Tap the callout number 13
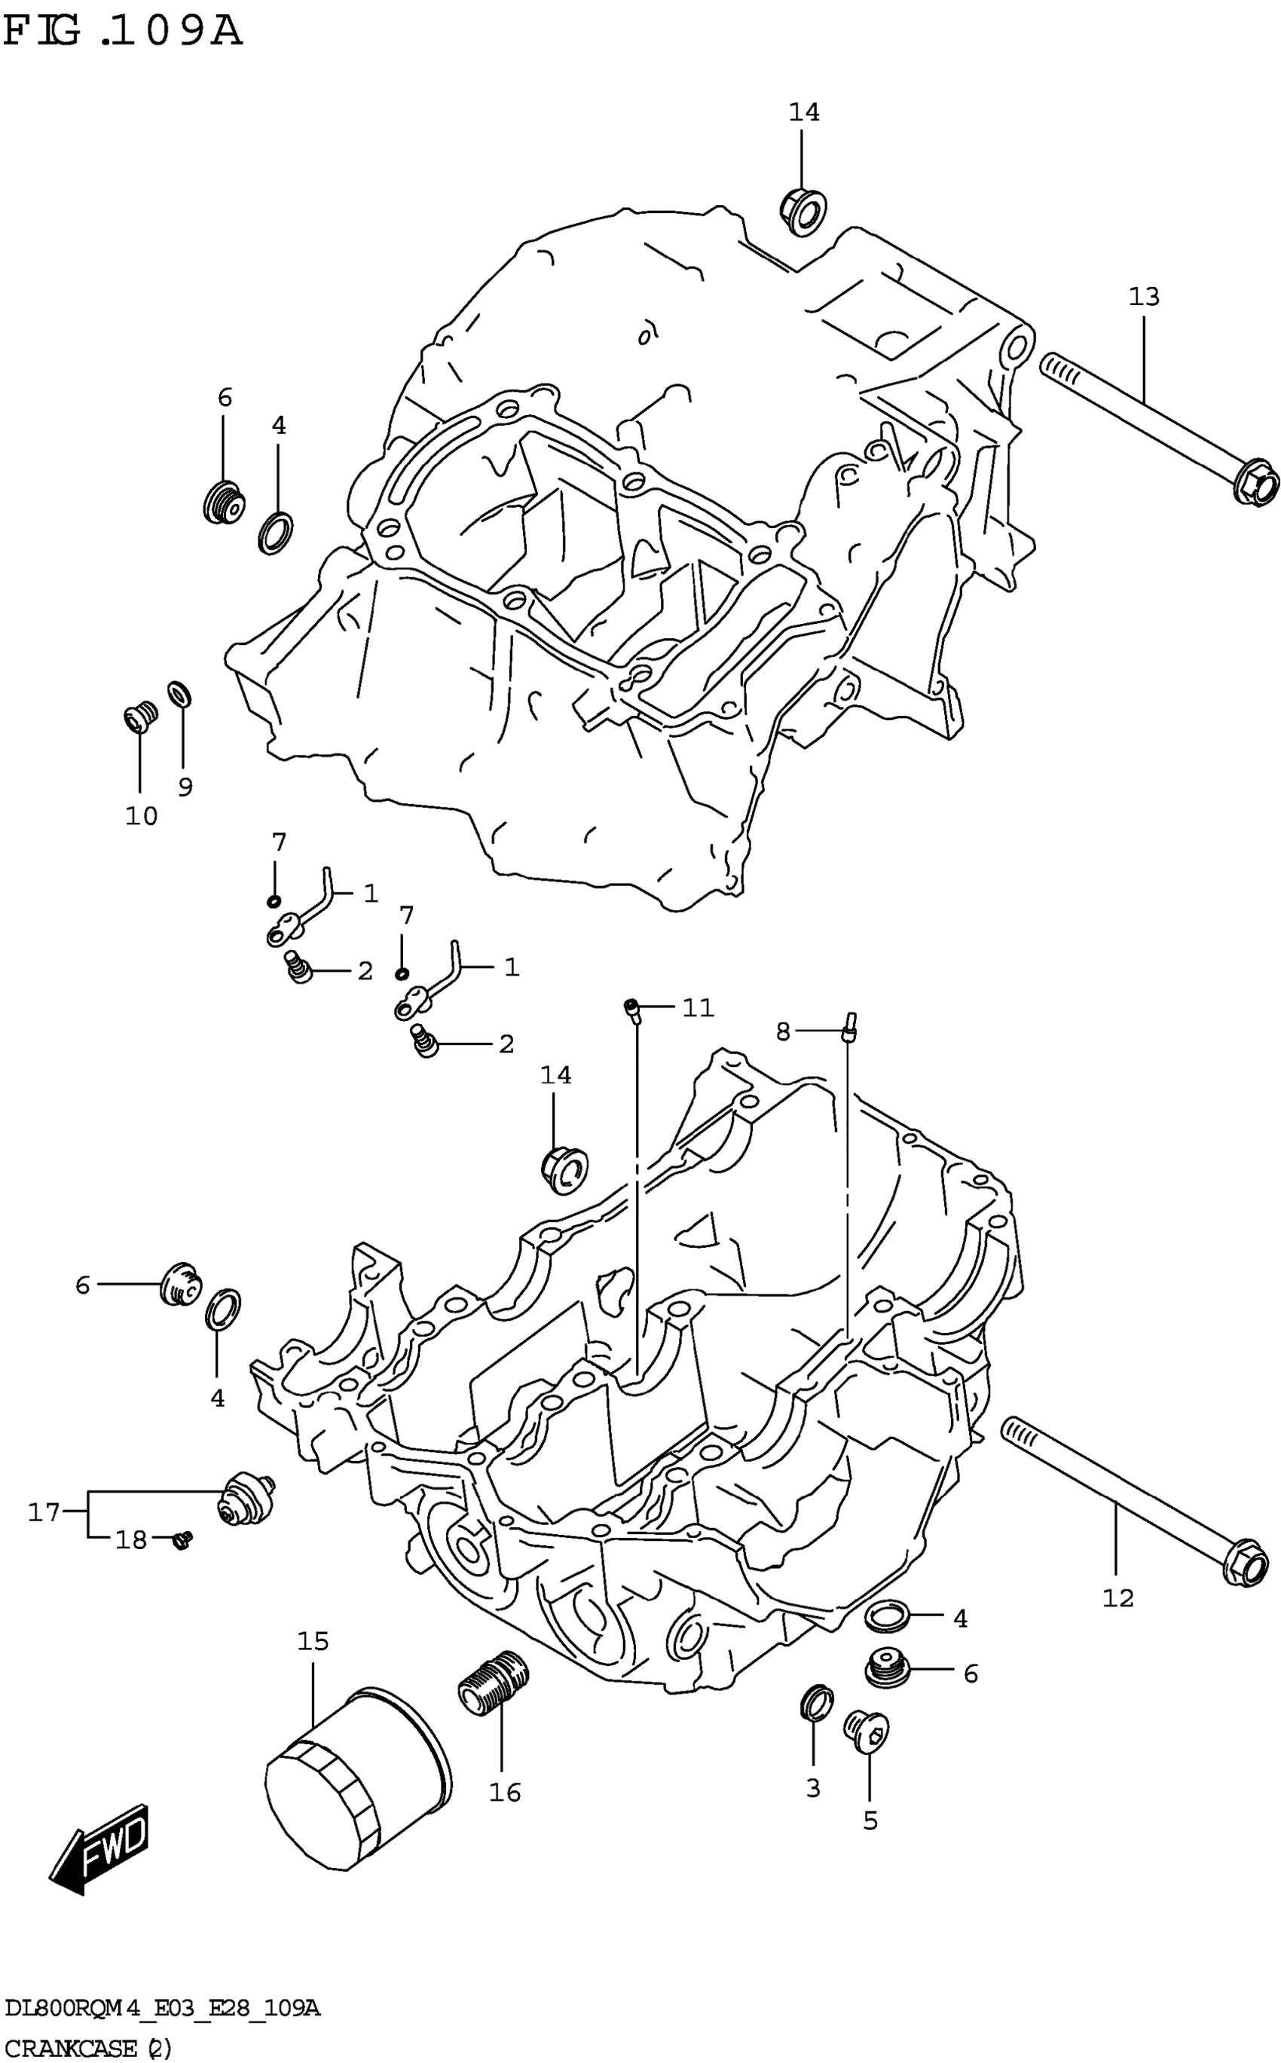(1144, 298)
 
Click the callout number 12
(1118, 1599)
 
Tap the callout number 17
(44, 1511)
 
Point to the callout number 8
(783, 1031)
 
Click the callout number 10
(142, 817)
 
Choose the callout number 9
(185, 787)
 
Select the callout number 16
(505, 1792)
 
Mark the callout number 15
(313, 1641)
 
